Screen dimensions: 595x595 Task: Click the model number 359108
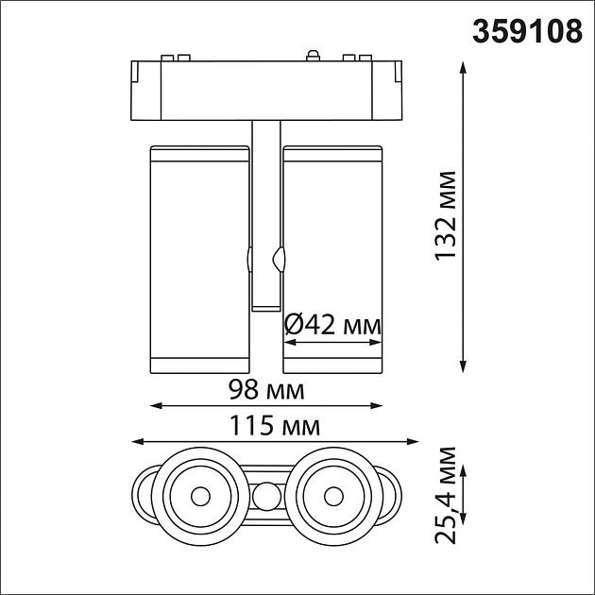tap(527, 30)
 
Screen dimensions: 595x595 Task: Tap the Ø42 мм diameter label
tap(332, 325)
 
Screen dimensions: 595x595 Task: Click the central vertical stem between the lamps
tap(266, 208)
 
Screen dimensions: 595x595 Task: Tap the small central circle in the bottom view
tap(266, 494)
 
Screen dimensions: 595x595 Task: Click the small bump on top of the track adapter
tap(312, 56)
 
